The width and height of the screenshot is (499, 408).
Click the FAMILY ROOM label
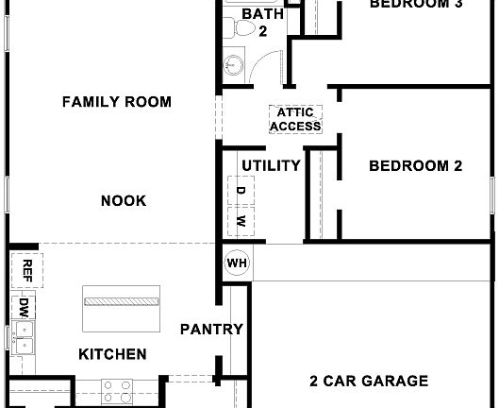tap(117, 102)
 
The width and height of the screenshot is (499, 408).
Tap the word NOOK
tap(124, 200)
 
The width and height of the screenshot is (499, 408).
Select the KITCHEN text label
tap(112, 354)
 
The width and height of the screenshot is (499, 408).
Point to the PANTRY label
tap(212, 330)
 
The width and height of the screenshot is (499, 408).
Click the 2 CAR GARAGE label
tap(369, 382)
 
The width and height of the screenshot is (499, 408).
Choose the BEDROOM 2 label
tap(415, 166)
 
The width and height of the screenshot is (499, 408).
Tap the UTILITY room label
tap(271, 165)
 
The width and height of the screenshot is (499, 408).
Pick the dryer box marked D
tap(241, 192)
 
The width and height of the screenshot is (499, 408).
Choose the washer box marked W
tap(241, 221)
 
